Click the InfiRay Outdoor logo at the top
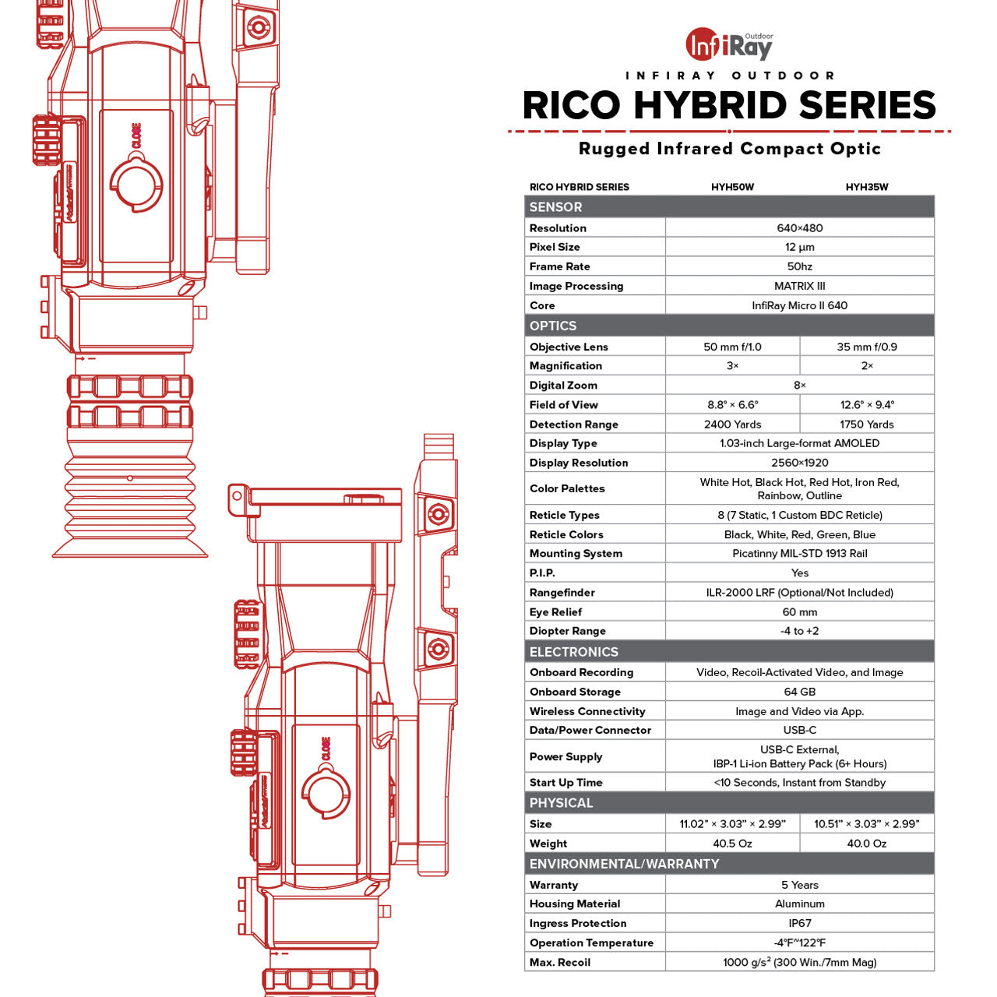(x=729, y=45)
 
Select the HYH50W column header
(x=732, y=187)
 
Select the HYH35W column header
(x=867, y=187)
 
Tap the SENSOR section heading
(x=555, y=207)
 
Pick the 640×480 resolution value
(x=799, y=228)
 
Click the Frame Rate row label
(x=559, y=266)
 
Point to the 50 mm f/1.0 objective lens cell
(x=732, y=347)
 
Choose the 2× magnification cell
(x=867, y=366)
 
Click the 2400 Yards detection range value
(x=732, y=425)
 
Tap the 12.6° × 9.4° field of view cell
(x=867, y=405)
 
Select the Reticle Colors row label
(x=566, y=534)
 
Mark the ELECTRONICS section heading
(x=573, y=652)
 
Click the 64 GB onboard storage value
(x=799, y=692)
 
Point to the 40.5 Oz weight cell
(x=732, y=844)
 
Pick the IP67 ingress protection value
(x=799, y=923)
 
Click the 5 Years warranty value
(x=799, y=885)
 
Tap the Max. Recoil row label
(x=559, y=962)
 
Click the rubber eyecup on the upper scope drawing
(x=130, y=498)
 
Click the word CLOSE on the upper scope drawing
(x=136, y=136)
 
